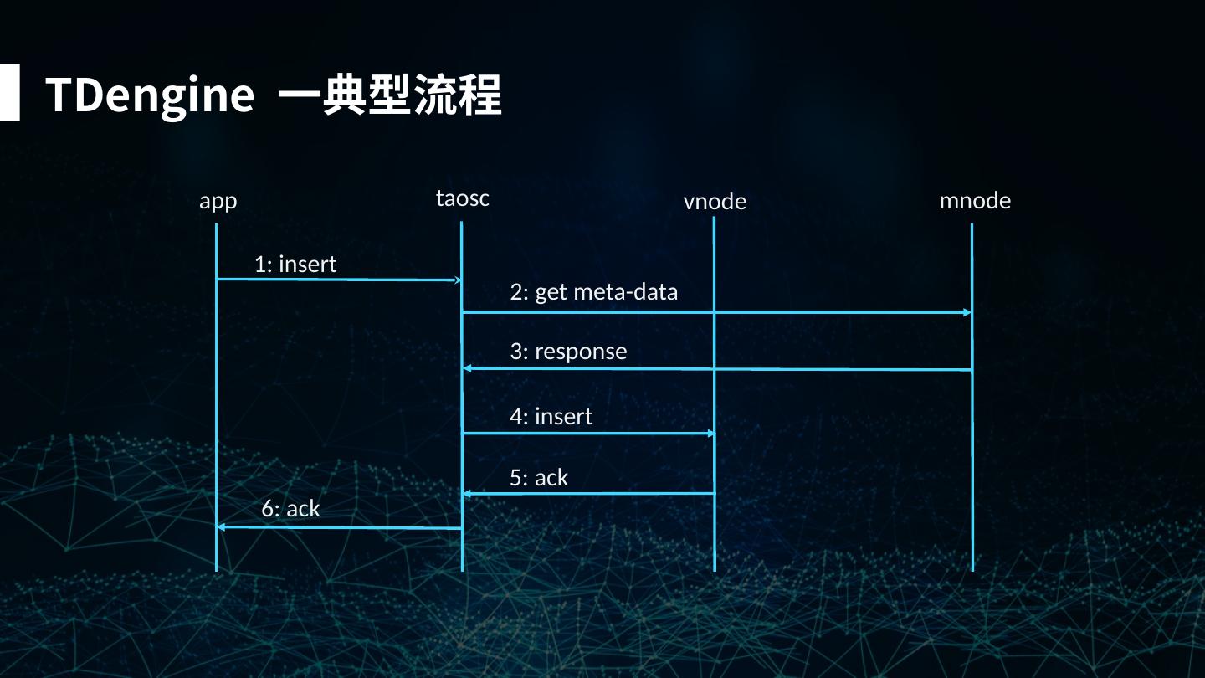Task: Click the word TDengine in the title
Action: (x=149, y=95)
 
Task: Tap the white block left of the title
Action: (x=9, y=93)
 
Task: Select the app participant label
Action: (x=218, y=202)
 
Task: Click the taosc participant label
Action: (x=462, y=198)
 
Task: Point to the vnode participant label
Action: (x=715, y=202)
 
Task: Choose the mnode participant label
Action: (x=975, y=201)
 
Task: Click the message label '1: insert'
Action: (x=295, y=265)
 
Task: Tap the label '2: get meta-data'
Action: (x=593, y=292)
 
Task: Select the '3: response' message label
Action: (x=568, y=352)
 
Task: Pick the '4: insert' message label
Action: (x=551, y=417)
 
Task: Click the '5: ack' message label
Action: (x=539, y=478)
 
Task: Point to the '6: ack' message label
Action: (x=290, y=509)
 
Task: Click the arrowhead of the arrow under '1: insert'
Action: (x=456, y=280)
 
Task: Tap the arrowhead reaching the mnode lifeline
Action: (x=967, y=312)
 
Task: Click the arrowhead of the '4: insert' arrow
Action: (x=710, y=433)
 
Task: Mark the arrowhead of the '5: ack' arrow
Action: (x=468, y=494)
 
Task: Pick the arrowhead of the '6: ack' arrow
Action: (x=222, y=526)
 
